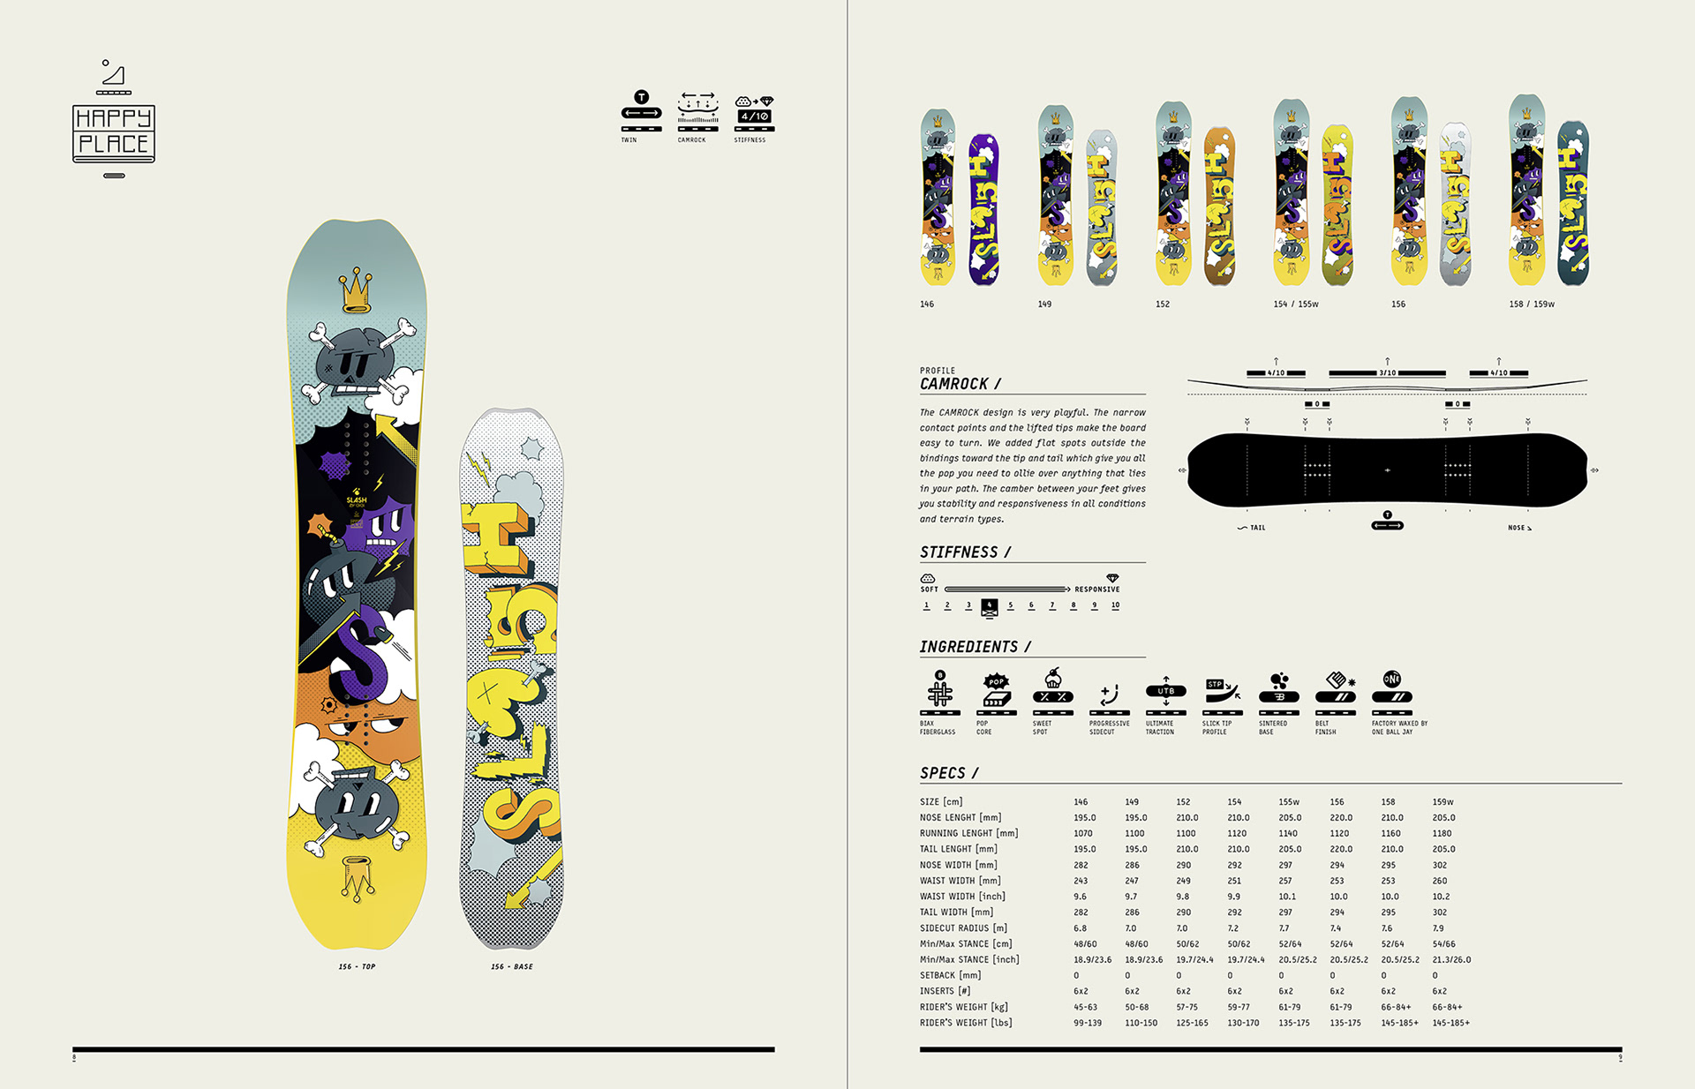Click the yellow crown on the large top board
356,289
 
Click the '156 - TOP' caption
357,966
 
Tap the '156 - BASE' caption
512,966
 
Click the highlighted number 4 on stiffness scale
989,606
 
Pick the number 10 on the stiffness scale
1115,605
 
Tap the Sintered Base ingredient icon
1278,690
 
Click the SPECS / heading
949,773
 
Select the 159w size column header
1443,802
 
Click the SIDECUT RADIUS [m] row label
963,928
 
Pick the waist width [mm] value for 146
1081,881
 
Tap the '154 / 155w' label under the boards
1295,304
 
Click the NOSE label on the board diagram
1518,528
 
